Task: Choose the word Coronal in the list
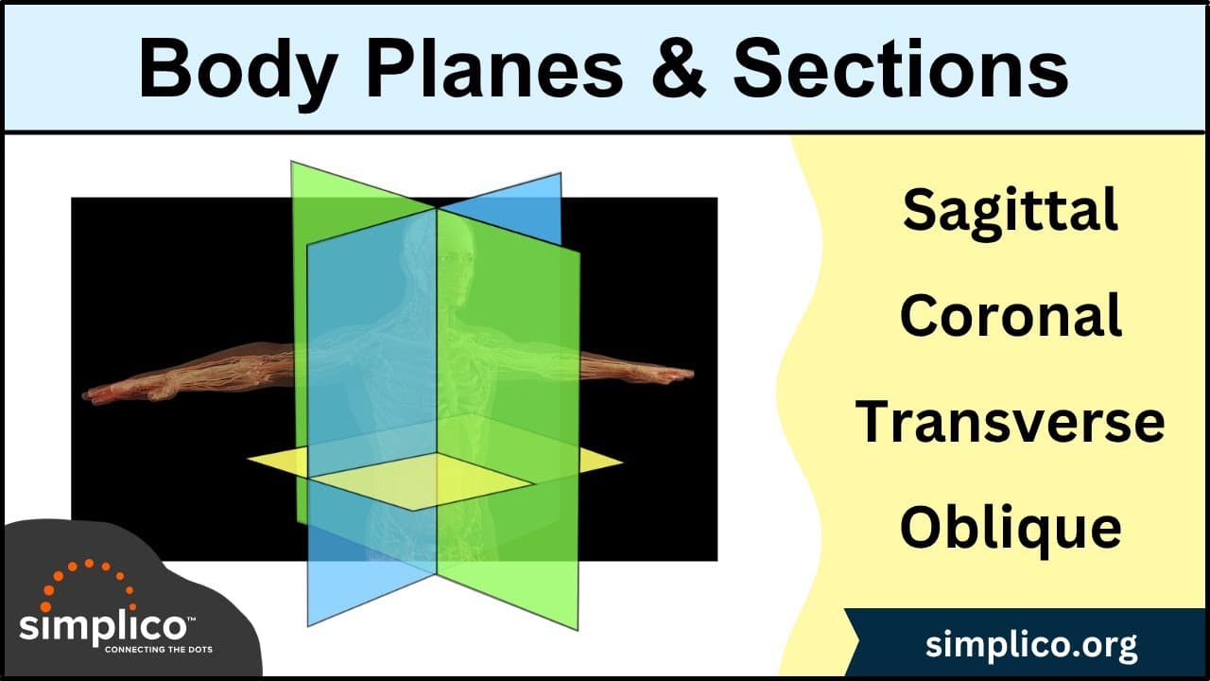[x=1010, y=316]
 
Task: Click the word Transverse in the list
[x=1010, y=422]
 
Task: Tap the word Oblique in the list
[x=1010, y=528]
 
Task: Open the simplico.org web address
[x=1031, y=646]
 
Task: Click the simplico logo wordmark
[x=104, y=627]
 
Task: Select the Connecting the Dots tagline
[x=158, y=650]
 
